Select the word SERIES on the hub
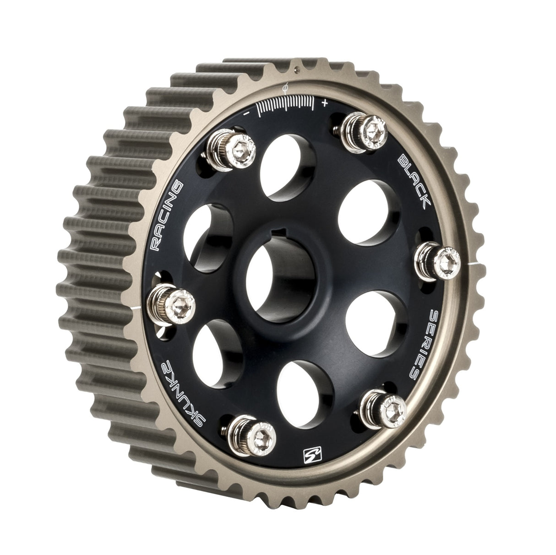point(424,344)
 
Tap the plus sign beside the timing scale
point(325,103)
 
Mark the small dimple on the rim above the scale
point(298,70)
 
